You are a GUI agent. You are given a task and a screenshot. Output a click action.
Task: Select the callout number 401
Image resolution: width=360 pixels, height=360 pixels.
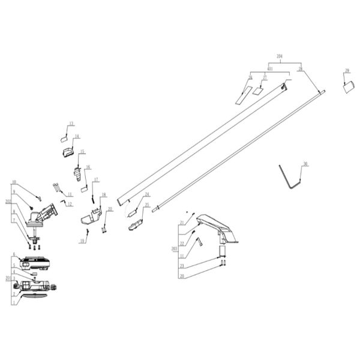pyautogui.click(x=270, y=69)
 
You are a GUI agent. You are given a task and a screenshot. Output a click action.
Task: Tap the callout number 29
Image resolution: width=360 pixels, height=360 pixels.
pyautogui.click(x=347, y=71)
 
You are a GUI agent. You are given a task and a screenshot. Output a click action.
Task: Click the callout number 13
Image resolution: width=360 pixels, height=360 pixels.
pyautogui.click(x=71, y=124)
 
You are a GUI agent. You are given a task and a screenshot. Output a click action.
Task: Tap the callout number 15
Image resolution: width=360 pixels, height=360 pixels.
pyautogui.click(x=82, y=152)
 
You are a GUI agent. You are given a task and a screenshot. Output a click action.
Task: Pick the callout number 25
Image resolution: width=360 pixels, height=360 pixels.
pyautogui.click(x=146, y=205)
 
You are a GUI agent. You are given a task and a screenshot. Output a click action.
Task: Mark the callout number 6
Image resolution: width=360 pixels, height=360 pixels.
pyautogui.click(x=13, y=254)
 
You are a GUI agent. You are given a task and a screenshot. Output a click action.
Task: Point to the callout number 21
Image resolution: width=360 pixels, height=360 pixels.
pyautogui.click(x=182, y=223)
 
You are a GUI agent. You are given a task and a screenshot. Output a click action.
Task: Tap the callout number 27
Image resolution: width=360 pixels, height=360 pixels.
pyautogui.click(x=264, y=77)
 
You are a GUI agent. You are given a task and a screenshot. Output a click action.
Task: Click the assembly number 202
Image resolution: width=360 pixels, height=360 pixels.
pyautogui.click(x=8, y=202)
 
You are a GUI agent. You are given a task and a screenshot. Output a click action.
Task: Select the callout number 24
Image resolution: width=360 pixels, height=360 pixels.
pyautogui.click(x=146, y=194)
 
